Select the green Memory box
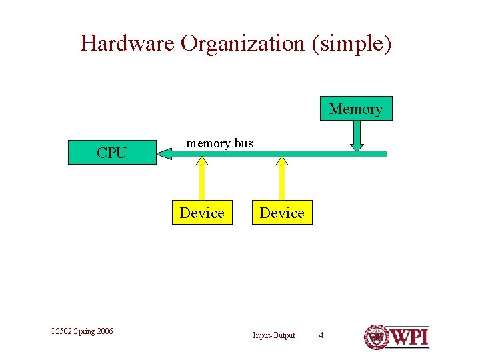[356, 109]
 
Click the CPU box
[111, 153]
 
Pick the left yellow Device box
[202, 213]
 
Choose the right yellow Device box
[282, 213]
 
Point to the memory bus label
[219, 143]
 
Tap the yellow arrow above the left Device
[202, 179]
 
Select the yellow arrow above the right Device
[282, 179]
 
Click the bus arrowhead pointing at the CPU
[164, 154]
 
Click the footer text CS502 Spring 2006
[81, 331]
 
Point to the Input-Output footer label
[273, 335]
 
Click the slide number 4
[321, 335]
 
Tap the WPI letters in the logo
[408, 337]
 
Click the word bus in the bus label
[243, 143]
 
